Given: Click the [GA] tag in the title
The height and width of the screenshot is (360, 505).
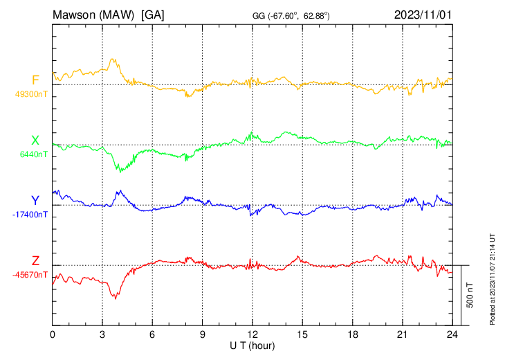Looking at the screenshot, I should click(154, 13).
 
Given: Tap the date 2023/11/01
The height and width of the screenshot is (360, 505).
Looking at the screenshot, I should click(422, 13).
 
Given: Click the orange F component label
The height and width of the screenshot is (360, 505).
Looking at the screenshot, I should click(35, 80).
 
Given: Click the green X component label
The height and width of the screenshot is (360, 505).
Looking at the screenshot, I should click(35, 141).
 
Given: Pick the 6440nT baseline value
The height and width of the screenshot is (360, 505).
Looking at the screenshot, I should click(31, 154).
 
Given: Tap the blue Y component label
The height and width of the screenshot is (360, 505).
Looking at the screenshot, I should click(35, 201).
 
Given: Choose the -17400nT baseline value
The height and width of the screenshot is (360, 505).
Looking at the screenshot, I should click(30, 215).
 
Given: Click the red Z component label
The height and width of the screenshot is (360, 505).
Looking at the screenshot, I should click(35, 261).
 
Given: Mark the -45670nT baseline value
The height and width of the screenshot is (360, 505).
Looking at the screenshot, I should click(30, 275).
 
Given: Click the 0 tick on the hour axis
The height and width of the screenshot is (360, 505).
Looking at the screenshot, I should click(53, 333).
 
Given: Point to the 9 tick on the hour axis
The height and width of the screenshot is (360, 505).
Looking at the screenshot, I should click(202, 333).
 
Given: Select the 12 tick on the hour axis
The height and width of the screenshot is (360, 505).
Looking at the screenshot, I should click(252, 333).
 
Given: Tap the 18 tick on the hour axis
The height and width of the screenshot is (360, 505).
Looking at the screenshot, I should click(352, 333).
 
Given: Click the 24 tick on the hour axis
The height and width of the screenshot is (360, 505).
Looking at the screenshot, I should click(452, 333).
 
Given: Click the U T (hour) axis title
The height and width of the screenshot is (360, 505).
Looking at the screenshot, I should click(252, 344).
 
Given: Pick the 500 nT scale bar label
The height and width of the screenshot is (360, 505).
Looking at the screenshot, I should click(470, 295).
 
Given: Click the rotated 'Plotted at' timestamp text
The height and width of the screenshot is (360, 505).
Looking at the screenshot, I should click(493, 277).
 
